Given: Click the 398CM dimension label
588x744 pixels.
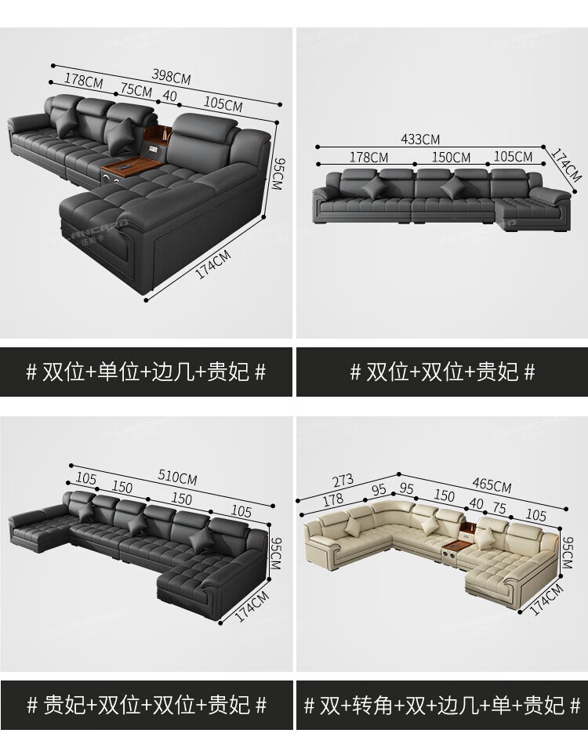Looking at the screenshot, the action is point(172,76).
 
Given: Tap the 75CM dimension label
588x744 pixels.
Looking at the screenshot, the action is point(136,89).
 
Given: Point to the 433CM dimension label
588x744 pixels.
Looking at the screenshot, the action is point(420,139).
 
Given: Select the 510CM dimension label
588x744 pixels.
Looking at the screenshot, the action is point(177,477).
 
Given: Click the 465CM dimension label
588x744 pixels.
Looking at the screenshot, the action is point(492,485).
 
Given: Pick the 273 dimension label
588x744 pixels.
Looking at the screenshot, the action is point(343,480).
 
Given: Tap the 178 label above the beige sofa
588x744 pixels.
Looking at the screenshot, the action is point(332,499).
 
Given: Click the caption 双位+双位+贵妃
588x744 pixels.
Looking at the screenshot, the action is point(442,372).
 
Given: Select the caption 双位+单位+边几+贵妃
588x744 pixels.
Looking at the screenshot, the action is point(146,372).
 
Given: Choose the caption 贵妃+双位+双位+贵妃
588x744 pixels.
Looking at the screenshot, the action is point(146,705).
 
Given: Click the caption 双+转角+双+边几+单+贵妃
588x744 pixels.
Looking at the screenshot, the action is point(442,705).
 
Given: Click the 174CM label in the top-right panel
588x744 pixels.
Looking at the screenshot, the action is point(566,165).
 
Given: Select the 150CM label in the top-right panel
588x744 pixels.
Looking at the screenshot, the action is point(451,157).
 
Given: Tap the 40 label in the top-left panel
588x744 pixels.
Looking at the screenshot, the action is point(169,96).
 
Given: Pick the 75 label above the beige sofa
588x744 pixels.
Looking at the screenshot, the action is point(499,507).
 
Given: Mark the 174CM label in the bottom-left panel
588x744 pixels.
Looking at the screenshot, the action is point(252,606).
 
